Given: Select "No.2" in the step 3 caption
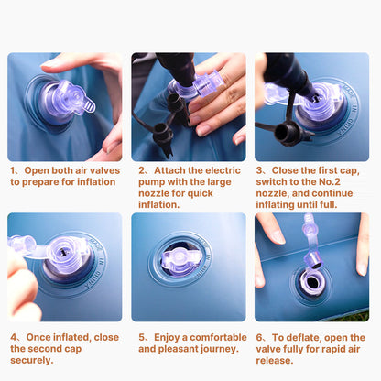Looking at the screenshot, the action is coord(330,182).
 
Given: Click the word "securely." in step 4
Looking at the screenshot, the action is coord(32,360).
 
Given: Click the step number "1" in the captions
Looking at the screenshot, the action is coord(13,170).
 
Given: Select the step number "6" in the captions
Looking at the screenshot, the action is coord(259,338).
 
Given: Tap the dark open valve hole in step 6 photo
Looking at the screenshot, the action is coord(312,282).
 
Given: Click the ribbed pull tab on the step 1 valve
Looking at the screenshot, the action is coord(88,105).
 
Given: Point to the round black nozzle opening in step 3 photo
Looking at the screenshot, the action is coord(281,131).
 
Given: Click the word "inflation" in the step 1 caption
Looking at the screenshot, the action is coord(96,182).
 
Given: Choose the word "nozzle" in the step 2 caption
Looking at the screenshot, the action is coord(153,193).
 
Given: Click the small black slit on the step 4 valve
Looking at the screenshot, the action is coord(62,252).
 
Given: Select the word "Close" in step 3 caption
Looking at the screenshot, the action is coord(285,170).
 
